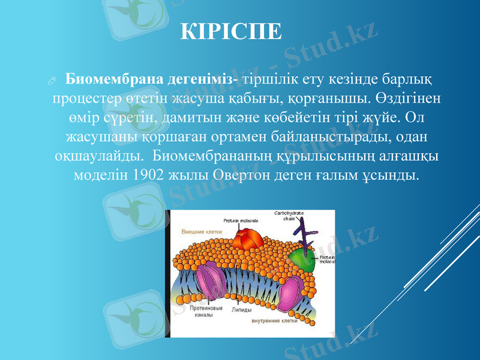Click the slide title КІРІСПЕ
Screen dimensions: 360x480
coord(231,32)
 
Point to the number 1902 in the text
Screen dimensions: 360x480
coord(145,176)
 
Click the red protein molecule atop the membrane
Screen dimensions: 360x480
coord(244,238)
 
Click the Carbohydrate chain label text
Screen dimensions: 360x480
coord(289,216)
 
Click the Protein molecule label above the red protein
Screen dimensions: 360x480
coord(241,221)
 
